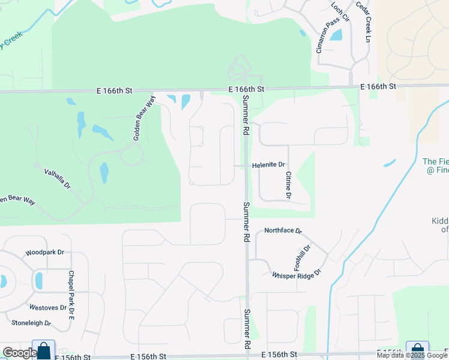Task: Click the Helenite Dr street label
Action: click(268, 164)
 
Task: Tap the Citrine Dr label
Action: click(288, 185)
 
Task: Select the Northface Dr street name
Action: click(283, 230)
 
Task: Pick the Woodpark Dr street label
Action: click(44, 253)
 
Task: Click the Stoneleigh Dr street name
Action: click(31, 323)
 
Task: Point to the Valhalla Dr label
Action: click(57, 179)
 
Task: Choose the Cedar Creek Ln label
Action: click(364, 22)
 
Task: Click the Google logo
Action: click(19, 353)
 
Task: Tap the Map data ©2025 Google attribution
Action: click(412, 355)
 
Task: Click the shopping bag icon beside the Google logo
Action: click(44, 350)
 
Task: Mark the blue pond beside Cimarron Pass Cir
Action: click(336, 34)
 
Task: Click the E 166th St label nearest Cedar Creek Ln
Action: click(378, 87)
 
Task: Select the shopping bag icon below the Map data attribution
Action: click(417, 350)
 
